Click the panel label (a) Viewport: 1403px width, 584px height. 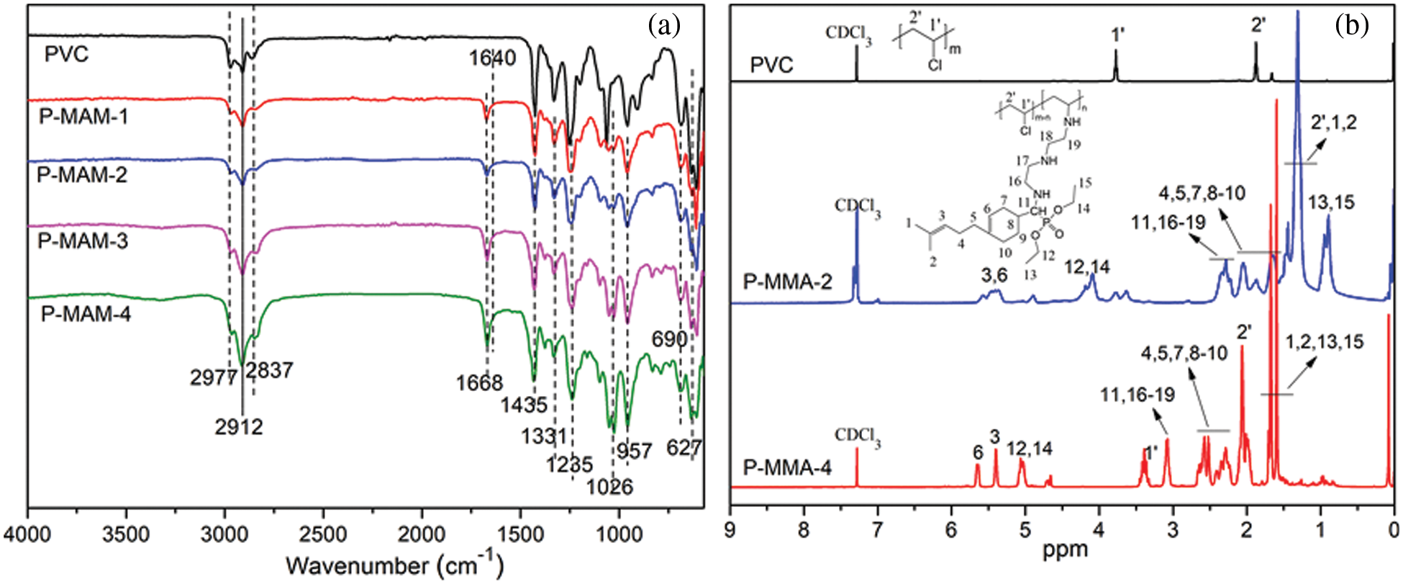pyautogui.click(x=663, y=27)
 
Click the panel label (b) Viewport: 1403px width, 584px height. pyautogui.click(x=1351, y=27)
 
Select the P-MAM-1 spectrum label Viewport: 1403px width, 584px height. pyautogui.click(x=83, y=116)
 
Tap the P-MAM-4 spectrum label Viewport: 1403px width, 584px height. pyautogui.click(x=86, y=315)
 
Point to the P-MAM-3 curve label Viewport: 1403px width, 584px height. pyautogui.click(x=83, y=240)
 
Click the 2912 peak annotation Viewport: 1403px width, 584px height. pyautogui.click(x=239, y=427)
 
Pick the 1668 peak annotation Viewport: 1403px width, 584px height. pyautogui.click(x=479, y=382)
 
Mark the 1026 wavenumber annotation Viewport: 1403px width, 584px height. pyautogui.click(x=609, y=488)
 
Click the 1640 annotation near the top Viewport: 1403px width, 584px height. pyautogui.click(x=493, y=58)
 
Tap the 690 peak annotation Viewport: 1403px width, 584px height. pyautogui.click(x=669, y=339)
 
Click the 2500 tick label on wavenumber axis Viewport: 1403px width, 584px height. pyautogui.click(x=322, y=535)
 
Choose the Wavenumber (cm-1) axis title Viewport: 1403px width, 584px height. pyautogui.click(x=394, y=566)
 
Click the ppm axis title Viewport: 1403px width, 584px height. pyautogui.click(x=1066, y=550)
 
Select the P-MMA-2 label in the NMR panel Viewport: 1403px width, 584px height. pyautogui.click(x=787, y=282)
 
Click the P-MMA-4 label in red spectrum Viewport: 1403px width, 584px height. pyautogui.click(x=787, y=469)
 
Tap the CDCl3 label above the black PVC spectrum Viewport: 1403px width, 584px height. pyautogui.click(x=849, y=34)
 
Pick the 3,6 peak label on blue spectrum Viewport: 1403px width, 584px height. pyautogui.click(x=994, y=274)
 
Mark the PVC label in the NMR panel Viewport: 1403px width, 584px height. pyautogui.click(x=771, y=66)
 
